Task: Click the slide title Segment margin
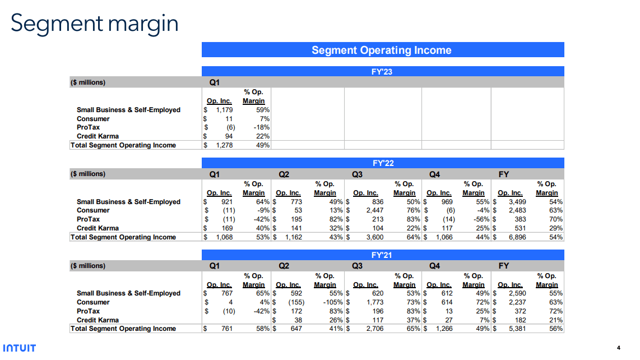[x=94, y=24]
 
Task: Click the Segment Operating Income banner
[x=382, y=50]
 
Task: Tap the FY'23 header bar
[x=383, y=72]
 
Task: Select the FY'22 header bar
[x=383, y=163]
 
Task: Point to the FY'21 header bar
[x=383, y=255]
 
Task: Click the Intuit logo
[x=19, y=348]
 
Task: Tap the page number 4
[x=618, y=348]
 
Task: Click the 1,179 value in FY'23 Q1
[x=224, y=110]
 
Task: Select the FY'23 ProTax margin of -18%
[x=262, y=128]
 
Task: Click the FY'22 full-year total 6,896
[x=516, y=238]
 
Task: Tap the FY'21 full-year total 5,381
[x=516, y=329]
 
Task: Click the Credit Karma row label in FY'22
[x=98, y=229]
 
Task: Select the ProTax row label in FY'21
[x=88, y=312]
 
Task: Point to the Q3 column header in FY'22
[x=357, y=175]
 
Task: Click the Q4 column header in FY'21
[x=434, y=266]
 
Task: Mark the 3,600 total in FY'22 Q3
[x=374, y=238]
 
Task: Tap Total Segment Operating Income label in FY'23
[x=123, y=146]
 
